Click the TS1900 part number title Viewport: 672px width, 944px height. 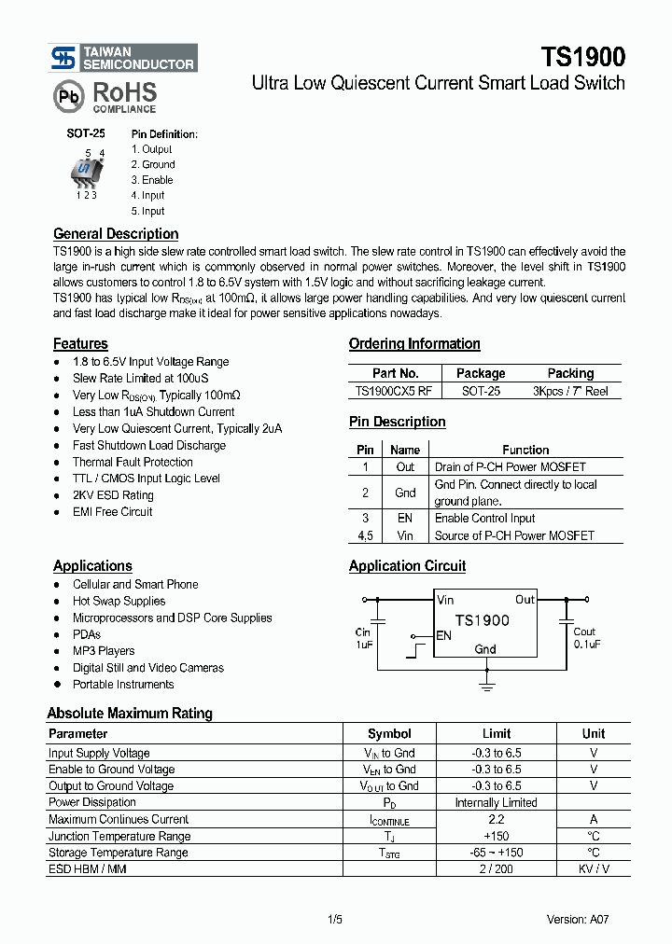point(582,57)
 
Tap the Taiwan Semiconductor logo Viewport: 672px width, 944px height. point(123,58)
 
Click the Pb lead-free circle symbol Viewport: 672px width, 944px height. point(68,96)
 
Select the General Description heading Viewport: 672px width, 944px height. point(116,234)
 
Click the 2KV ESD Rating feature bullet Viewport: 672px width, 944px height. point(113,495)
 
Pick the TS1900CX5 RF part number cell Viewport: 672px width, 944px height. point(395,391)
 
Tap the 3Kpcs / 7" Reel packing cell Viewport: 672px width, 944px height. point(569,391)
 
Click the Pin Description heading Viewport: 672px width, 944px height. point(397,422)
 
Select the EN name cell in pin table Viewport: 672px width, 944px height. point(404,518)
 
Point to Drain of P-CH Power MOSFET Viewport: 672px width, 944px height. point(510,466)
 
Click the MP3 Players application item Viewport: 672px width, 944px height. point(104,651)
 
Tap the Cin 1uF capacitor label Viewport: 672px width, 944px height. point(363,638)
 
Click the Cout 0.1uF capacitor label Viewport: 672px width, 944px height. point(585,638)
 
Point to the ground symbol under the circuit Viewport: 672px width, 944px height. point(485,687)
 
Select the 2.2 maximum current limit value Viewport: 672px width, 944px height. point(496,819)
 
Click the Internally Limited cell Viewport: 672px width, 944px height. point(496,802)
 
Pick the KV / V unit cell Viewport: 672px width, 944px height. point(593,869)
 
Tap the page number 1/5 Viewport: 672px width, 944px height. point(335,919)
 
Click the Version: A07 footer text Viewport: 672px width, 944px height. point(578,919)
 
